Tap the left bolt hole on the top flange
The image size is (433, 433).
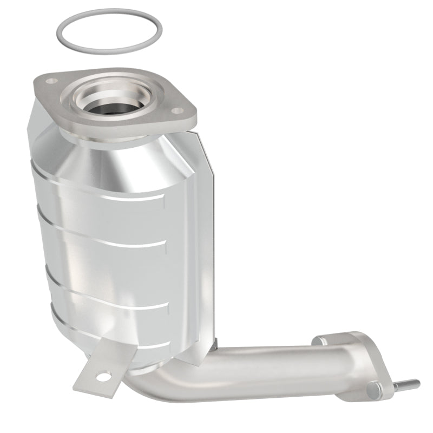[52, 81]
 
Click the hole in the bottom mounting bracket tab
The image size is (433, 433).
[103, 375]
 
